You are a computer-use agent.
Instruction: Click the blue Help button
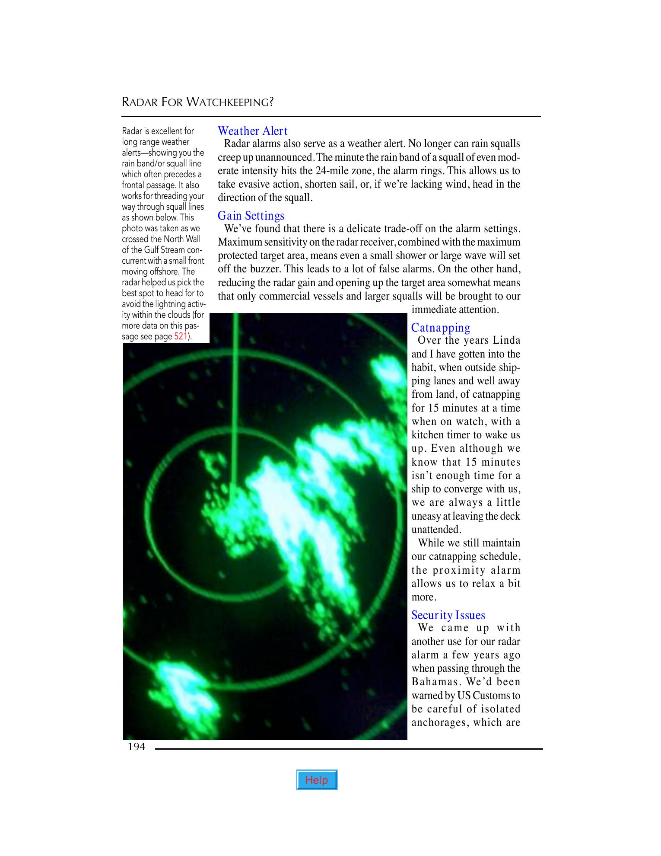click(317, 780)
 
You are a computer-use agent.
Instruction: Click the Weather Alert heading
click(252, 131)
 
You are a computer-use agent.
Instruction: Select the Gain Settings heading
click(251, 216)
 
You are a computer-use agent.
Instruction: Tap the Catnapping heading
click(441, 328)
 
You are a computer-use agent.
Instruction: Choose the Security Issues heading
click(448, 615)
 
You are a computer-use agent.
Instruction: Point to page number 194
click(136, 747)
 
